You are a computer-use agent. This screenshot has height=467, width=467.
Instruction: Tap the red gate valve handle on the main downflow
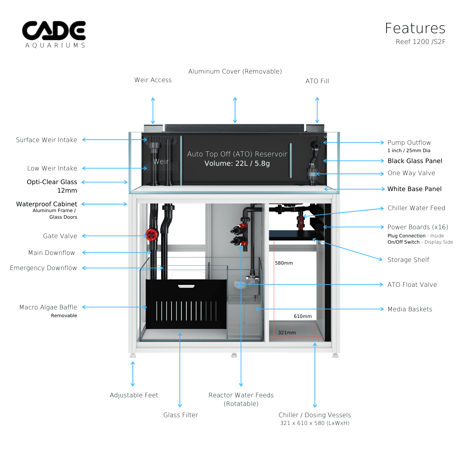click(x=151, y=234)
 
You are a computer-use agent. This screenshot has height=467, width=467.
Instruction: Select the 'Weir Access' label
click(x=153, y=80)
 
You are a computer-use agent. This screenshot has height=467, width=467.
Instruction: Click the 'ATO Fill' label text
click(x=317, y=81)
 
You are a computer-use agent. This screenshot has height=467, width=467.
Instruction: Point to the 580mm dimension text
click(x=284, y=263)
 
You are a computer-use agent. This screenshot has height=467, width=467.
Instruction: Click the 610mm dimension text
click(x=303, y=316)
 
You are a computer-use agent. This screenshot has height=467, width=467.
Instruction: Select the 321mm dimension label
click(x=287, y=333)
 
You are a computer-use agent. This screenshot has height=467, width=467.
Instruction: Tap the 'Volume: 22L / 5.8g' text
click(x=237, y=163)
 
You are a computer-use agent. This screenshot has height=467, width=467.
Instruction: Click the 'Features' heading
click(x=415, y=28)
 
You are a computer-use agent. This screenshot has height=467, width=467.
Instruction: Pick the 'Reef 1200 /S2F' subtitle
click(x=420, y=42)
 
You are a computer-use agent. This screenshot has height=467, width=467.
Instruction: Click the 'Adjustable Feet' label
click(x=134, y=395)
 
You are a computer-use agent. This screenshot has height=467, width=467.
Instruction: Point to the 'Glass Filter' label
click(x=181, y=415)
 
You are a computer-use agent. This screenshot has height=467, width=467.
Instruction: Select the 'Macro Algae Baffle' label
click(x=48, y=307)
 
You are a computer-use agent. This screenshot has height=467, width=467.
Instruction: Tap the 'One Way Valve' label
click(x=411, y=173)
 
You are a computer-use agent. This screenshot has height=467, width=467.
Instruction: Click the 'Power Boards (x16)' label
click(x=418, y=227)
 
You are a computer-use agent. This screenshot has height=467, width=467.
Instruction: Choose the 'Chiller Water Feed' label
click(x=416, y=208)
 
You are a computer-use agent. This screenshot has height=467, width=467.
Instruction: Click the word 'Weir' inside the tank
click(x=161, y=162)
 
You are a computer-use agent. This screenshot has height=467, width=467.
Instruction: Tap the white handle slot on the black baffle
click(x=186, y=286)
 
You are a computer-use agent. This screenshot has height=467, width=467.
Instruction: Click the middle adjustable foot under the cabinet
click(x=234, y=355)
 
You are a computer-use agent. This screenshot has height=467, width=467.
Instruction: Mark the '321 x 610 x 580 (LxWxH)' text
click(x=314, y=423)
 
